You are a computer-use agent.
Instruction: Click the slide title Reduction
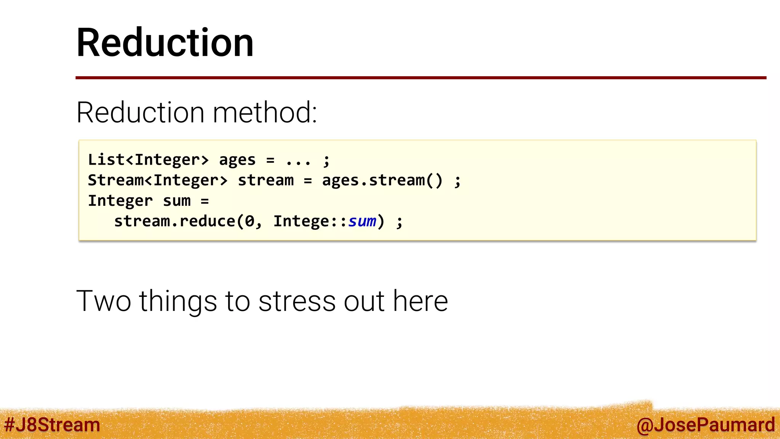165,43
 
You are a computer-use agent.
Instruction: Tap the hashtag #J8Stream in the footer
52,425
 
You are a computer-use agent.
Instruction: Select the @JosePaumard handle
705,425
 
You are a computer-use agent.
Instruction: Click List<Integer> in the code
149,160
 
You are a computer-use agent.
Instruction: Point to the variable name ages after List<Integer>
237,160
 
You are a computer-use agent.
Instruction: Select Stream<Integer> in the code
158,180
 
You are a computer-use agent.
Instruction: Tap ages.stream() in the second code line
382,180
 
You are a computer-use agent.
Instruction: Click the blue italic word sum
362,221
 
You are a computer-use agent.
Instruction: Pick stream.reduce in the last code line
174,221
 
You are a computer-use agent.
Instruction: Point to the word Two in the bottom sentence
104,301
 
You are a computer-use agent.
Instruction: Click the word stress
297,301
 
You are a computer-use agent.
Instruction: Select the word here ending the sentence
420,301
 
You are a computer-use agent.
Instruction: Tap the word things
178,301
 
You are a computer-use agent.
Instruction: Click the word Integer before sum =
120,201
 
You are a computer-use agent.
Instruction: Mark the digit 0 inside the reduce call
249,221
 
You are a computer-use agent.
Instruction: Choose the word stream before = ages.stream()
265,180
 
